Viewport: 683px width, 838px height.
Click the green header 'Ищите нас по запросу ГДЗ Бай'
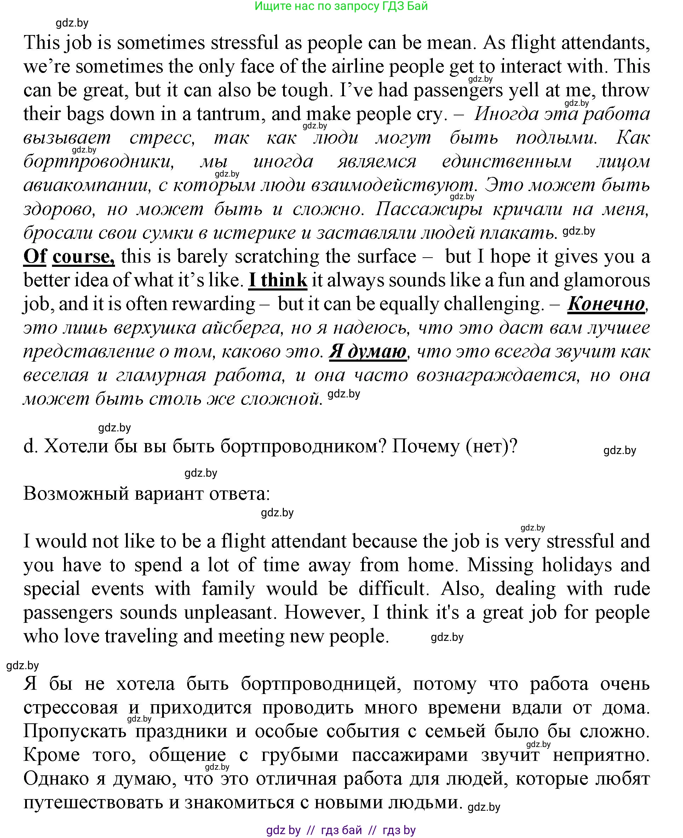pos(341,6)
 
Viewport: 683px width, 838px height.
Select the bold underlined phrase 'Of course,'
pos(69,257)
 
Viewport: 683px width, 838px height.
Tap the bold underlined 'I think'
pos(278,281)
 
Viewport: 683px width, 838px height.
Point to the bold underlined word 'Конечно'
pos(606,304)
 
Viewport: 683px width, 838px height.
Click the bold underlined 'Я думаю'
pos(367,352)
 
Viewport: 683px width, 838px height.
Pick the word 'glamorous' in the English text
pos(607,281)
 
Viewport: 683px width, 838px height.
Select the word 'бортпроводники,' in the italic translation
pos(98,162)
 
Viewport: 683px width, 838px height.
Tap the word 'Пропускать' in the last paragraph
pos(75,731)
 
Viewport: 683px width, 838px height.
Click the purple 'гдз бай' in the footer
pos(341,830)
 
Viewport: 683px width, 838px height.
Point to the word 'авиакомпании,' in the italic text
pos(87,185)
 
